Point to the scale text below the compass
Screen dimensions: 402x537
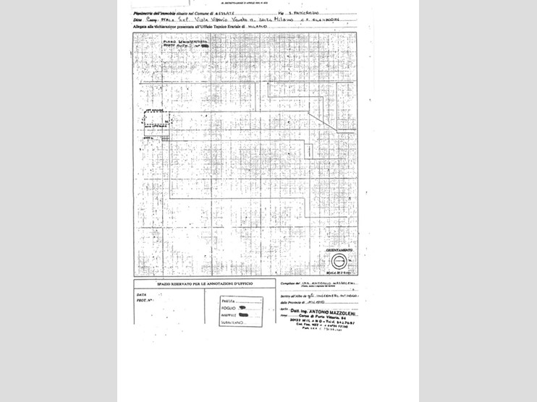[x=338, y=273]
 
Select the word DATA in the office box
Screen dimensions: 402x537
[x=142, y=294]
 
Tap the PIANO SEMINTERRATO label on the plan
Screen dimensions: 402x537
[x=184, y=42]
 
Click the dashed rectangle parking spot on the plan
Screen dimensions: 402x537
[x=155, y=119]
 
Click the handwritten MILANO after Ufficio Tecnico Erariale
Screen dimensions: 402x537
[x=258, y=26]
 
